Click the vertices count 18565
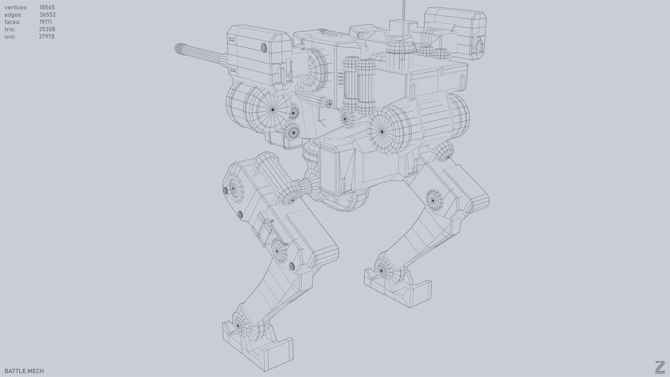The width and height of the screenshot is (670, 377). click(47, 7)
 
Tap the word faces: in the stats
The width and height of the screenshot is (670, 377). click(12, 22)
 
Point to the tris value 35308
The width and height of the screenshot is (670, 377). click(47, 29)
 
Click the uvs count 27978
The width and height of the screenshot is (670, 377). click(47, 37)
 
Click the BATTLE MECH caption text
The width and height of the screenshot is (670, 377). click(24, 371)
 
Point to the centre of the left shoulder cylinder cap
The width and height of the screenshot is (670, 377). click(273, 110)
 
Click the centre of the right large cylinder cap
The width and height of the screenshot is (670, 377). click(382, 132)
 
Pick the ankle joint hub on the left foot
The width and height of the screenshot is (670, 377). click(238, 325)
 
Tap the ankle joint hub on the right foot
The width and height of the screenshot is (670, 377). click(381, 271)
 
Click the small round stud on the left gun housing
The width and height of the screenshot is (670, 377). click(264, 47)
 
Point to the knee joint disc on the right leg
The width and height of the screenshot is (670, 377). click(433, 201)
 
